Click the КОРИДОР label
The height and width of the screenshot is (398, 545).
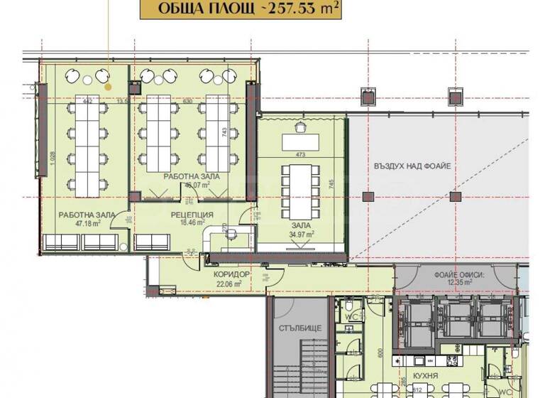231,274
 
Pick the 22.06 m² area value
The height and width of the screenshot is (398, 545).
230,283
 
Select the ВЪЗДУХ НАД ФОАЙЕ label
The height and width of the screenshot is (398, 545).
412,166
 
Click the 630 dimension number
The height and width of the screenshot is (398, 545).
188,102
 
